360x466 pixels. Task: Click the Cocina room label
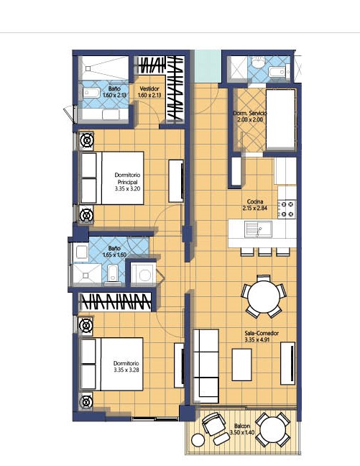tap(255, 201)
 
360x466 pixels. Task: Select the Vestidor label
tap(149, 88)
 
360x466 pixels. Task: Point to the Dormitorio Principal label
tap(127, 178)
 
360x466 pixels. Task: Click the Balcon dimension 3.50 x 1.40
tap(242, 432)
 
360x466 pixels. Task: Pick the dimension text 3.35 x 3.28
tap(126, 370)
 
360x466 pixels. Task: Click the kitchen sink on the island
tap(258, 229)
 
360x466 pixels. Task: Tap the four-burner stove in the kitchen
tap(287, 209)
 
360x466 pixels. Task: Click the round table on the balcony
tap(272, 430)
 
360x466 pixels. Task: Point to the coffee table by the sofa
tap(241, 365)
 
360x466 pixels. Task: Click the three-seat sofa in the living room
tap(206, 366)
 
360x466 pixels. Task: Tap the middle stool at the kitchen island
tap(264, 252)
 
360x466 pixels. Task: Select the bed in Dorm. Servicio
tap(281, 119)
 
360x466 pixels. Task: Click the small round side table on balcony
tap(198, 440)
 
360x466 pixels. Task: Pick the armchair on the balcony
tap(213, 423)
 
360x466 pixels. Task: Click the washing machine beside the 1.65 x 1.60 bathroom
tap(144, 274)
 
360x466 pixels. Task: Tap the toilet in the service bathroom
tap(258, 62)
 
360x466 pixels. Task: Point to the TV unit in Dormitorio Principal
tap(176, 181)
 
